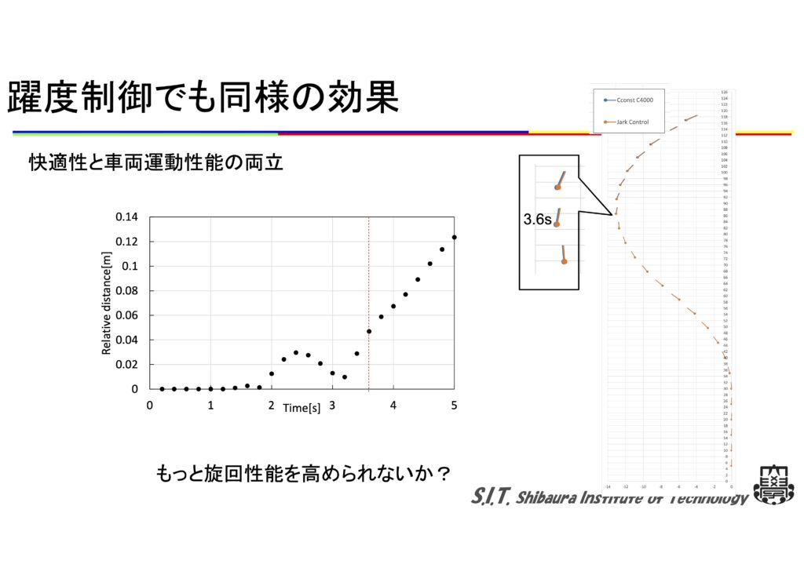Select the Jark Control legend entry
[x=632, y=122]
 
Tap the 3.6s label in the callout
[x=538, y=221]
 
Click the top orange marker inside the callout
[x=557, y=187]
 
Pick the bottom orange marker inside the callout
[x=564, y=261]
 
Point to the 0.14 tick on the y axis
[x=126, y=217]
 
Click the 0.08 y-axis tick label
[x=126, y=291]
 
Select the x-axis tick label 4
[x=393, y=406]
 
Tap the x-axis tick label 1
[x=210, y=406]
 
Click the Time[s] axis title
[x=301, y=408]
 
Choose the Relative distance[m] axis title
[x=108, y=303]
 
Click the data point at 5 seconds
[x=454, y=237]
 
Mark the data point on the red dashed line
[x=369, y=331]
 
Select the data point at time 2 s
[x=272, y=373]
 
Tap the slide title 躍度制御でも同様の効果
[x=203, y=97]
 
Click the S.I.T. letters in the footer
[x=492, y=496]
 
